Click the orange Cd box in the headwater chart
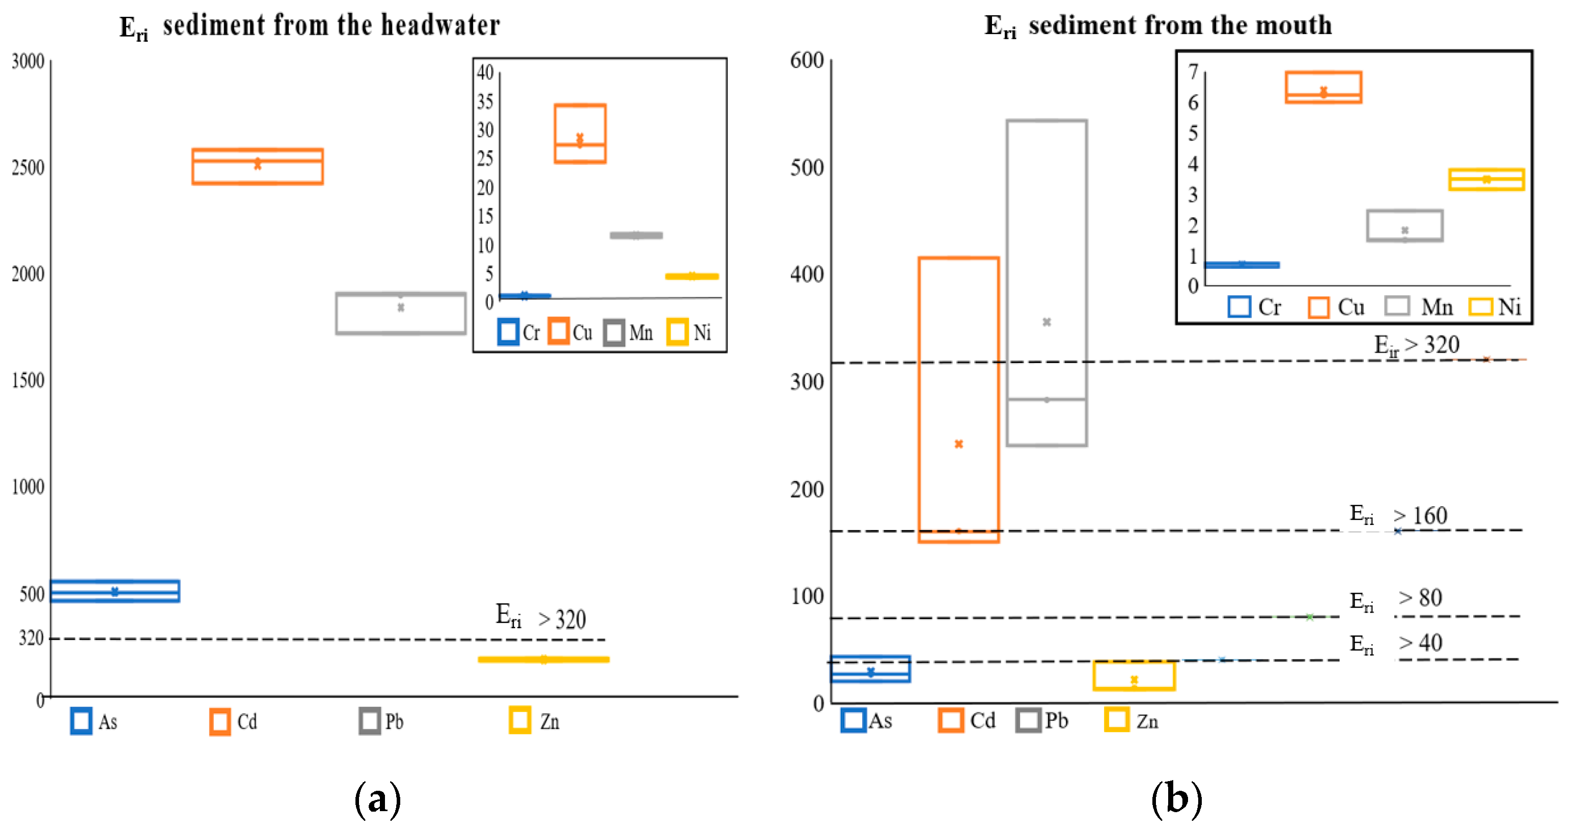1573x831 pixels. (x=257, y=166)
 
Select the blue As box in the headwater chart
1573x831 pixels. (x=115, y=591)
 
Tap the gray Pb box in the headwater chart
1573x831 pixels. (x=401, y=313)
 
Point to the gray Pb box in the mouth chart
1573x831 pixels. (x=1046, y=283)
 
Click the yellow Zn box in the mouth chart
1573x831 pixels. (x=1134, y=676)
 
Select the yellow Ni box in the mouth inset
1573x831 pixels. (x=1486, y=180)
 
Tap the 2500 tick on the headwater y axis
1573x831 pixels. (x=28, y=168)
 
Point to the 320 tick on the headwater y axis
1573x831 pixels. (x=31, y=639)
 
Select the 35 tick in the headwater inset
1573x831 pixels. (x=485, y=101)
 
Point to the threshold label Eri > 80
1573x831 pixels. (x=1396, y=599)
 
